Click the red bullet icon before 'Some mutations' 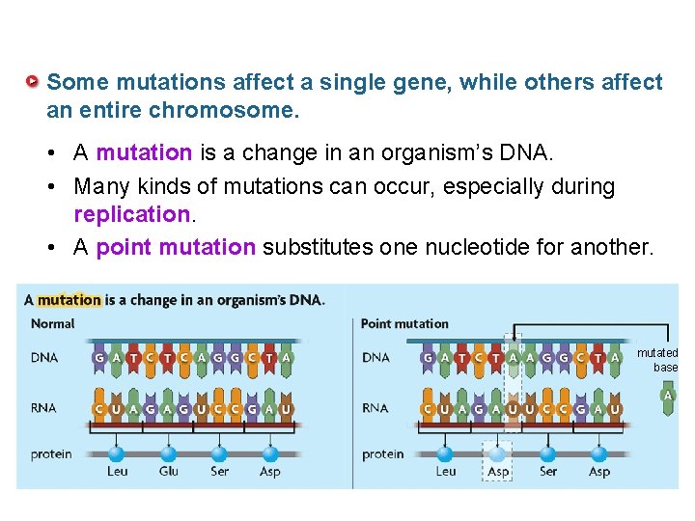34,82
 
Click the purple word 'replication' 131,213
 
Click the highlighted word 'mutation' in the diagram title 69,300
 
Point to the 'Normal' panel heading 53,324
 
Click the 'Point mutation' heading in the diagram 404,324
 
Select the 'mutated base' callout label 658,360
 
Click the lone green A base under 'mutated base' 667,397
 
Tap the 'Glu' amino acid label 168,472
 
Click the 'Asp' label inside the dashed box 498,472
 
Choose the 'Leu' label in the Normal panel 117,472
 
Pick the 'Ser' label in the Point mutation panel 548,472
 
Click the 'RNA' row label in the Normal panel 44,408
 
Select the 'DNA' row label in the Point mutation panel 376,358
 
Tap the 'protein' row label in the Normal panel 51,453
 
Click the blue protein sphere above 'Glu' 168,452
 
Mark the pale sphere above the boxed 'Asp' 497,452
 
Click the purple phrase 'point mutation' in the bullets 176,247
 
